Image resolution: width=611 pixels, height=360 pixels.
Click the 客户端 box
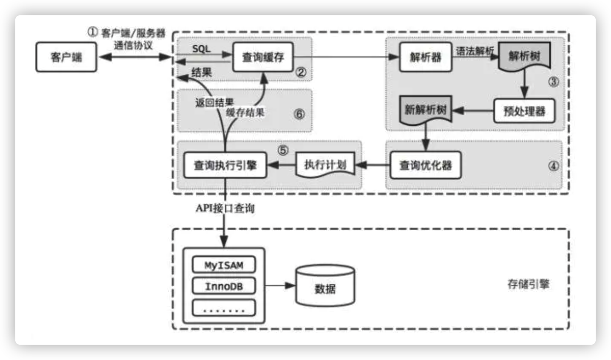pyautogui.click(x=66, y=57)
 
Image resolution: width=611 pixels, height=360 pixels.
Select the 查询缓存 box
pyautogui.click(x=263, y=57)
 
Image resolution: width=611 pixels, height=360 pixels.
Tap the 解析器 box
pyautogui.click(x=425, y=57)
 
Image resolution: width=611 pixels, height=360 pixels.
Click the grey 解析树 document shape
pyautogui.click(x=524, y=56)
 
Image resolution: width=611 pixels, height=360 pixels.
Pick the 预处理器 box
pyautogui.click(x=524, y=111)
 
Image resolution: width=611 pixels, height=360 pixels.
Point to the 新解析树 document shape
pyautogui.click(x=425, y=110)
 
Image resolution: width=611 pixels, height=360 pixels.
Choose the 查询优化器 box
pyautogui.click(x=425, y=165)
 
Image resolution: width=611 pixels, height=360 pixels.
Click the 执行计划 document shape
pyautogui.click(x=325, y=165)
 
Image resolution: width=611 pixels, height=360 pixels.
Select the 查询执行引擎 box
pyautogui.click(x=225, y=165)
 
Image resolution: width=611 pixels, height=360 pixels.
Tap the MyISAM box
pyautogui.click(x=224, y=265)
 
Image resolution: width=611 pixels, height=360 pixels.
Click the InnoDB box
pyautogui.click(x=224, y=286)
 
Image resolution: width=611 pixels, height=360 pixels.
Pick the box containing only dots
pyautogui.click(x=224, y=308)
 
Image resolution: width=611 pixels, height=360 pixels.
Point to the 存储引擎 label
pyautogui.click(x=528, y=284)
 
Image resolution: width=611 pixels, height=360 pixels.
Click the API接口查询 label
pyautogui.click(x=225, y=208)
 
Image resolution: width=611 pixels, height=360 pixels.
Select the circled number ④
pyautogui.click(x=553, y=166)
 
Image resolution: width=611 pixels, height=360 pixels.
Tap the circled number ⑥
pyautogui.click(x=300, y=114)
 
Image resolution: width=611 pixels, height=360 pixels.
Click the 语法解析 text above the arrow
pyautogui.click(x=474, y=51)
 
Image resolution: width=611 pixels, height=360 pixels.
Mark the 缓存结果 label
pyautogui.click(x=245, y=112)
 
